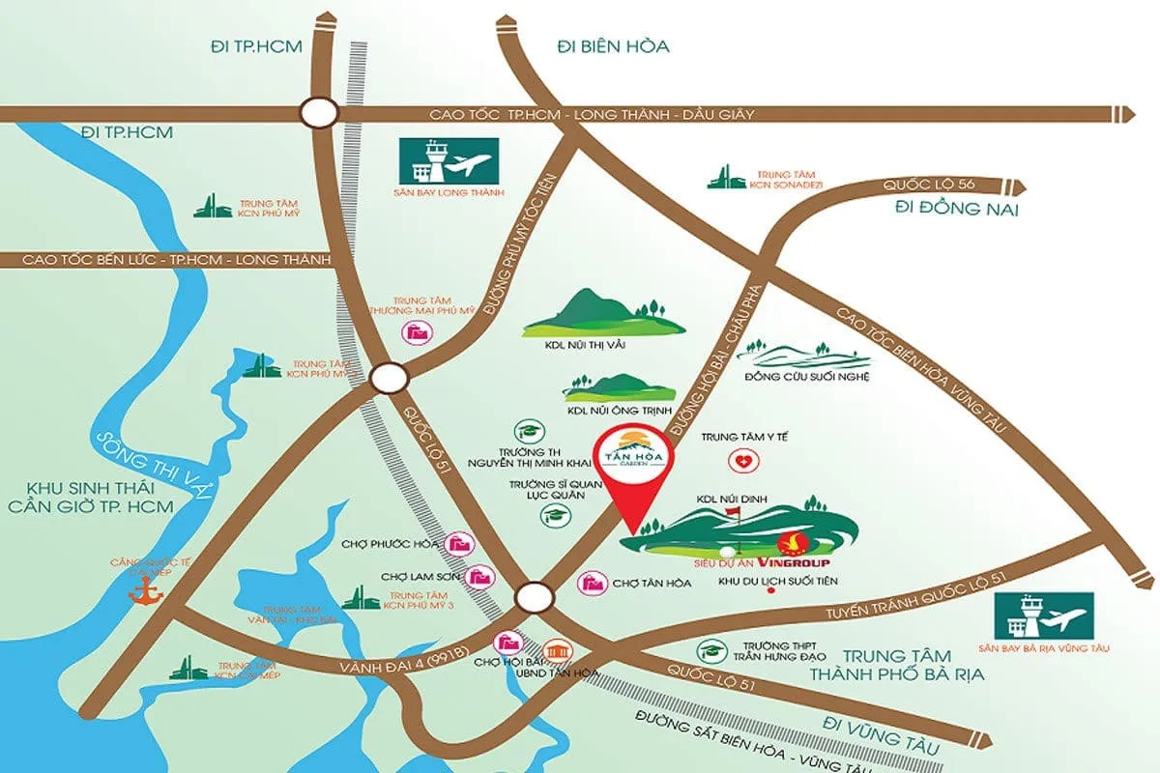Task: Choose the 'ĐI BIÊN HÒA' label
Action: pos(613,46)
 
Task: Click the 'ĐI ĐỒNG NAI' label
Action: pos(956,211)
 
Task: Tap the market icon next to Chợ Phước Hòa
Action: pos(460,543)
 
